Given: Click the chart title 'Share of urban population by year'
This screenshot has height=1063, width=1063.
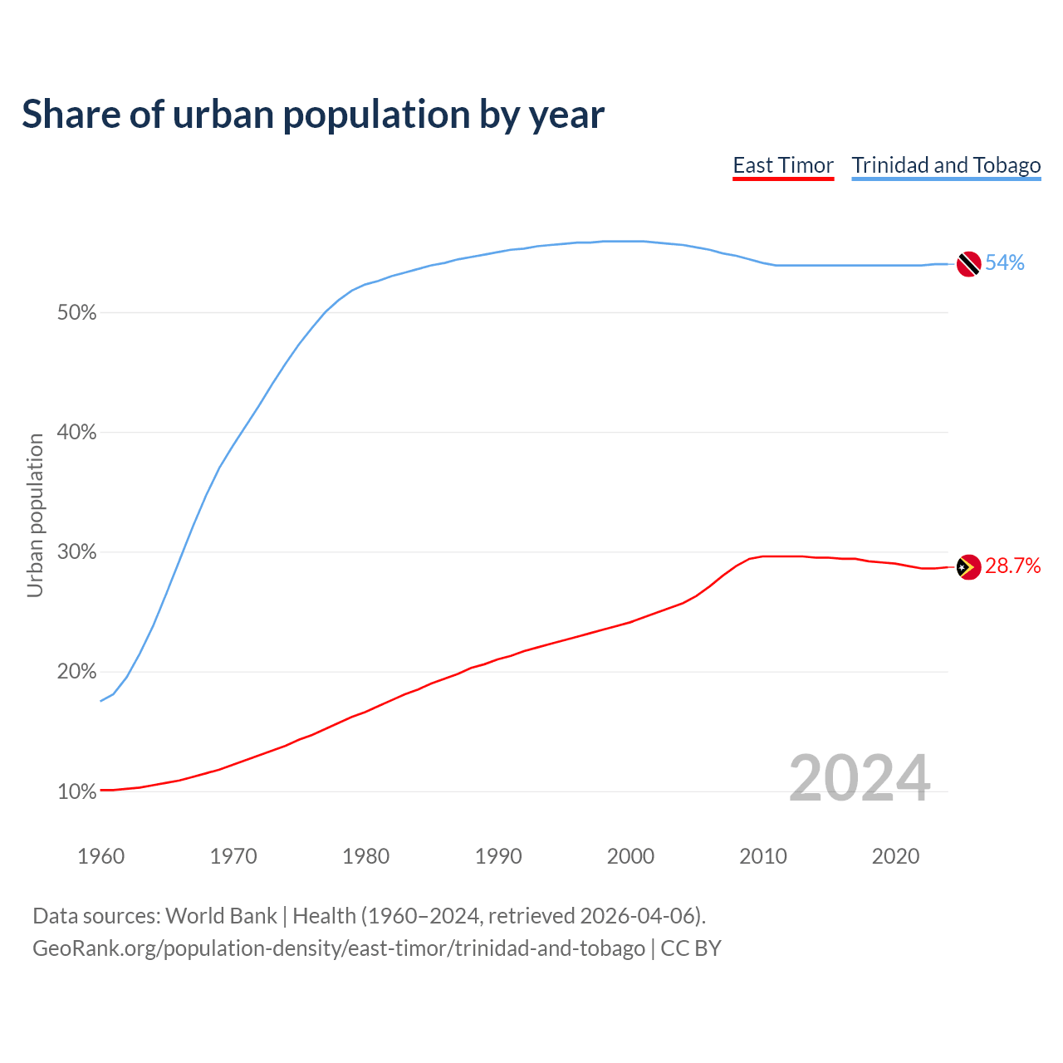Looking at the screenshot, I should [313, 115].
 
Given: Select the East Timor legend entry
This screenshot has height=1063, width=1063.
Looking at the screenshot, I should [783, 165].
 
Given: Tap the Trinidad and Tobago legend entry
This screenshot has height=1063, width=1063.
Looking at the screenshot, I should [946, 165].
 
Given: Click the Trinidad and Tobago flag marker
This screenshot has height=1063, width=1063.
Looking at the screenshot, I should [968, 264].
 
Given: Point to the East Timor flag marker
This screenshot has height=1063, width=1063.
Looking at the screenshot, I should [968, 567].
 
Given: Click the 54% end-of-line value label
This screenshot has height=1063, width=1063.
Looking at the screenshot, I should [1005, 263].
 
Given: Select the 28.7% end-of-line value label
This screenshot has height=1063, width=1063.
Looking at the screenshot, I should [1012, 566].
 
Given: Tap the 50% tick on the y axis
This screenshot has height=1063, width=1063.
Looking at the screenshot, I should [76, 313].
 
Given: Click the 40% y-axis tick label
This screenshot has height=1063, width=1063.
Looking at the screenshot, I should [76, 433].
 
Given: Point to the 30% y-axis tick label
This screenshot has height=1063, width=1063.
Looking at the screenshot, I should [76, 552].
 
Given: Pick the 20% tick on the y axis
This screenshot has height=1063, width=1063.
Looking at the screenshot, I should [76, 672].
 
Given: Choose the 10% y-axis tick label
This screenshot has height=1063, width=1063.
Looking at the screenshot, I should [76, 792].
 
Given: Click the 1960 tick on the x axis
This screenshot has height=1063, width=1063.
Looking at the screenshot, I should [100, 856].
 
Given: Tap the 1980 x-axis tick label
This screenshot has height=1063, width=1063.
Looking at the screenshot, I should [365, 856].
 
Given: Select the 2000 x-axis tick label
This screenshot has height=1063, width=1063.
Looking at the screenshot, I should [630, 856].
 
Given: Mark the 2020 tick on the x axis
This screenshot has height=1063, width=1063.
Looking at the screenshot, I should [895, 856].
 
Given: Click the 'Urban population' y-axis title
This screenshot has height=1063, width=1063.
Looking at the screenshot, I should [35, 515].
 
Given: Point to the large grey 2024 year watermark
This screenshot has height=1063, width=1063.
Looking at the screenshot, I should [860, 779].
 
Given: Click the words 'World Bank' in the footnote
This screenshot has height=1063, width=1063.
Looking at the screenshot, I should [221, 916].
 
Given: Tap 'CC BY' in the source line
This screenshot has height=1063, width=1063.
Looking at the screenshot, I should [691, 948].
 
